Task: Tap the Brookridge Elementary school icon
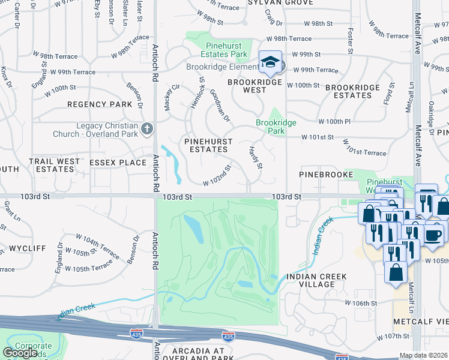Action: tap(271, 62)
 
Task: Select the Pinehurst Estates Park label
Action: tap(226, 50)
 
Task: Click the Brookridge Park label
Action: tap(276, 127)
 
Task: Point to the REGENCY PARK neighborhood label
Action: tap(100, 104)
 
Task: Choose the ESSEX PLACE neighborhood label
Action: tap(118, 163)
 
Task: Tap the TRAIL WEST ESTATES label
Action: tap(55, 166)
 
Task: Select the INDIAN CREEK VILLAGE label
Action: tap(316, 281)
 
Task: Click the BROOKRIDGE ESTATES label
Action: tap(352, 91)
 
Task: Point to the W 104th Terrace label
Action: tap(82, 243)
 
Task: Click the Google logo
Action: tap(20, 353)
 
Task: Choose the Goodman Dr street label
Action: tap(220, 105)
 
